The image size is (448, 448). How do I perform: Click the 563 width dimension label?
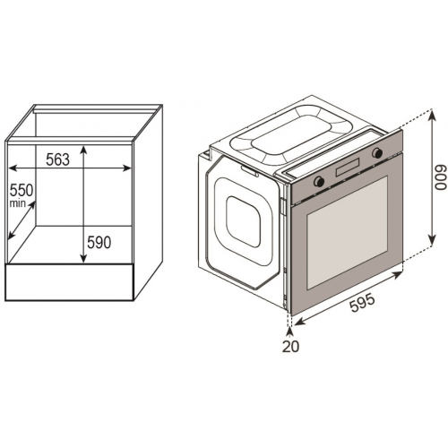(x=57, y=159)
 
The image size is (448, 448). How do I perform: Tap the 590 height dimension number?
(x=99, y=242)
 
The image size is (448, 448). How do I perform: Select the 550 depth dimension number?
(x=22, y=190)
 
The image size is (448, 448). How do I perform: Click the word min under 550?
(x=17, y=203)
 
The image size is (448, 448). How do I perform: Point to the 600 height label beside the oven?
(x=441, y=177)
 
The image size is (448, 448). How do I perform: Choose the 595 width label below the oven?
(x=362, y=303)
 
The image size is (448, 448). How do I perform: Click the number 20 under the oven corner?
(x=290, y=346)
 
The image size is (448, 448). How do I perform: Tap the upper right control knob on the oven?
(x=377, y=153)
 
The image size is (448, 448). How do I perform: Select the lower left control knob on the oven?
(x=319, y=181)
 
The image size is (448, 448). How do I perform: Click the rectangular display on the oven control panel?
(x=348, y=168)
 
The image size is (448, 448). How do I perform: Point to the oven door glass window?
(x=348, y=232)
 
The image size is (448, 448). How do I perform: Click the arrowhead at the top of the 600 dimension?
(x=432, y=114)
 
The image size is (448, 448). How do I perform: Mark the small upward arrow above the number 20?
(x=289, y=332)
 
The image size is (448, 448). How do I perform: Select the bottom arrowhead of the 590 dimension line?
(x=83, y=258)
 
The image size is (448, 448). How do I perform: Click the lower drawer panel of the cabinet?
(x=70, y=282)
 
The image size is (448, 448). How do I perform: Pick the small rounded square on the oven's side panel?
(x=243, y=221)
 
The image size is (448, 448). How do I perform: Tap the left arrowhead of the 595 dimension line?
(x=297, y=322)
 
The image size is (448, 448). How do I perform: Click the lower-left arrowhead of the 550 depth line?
(x=12, y=235)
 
